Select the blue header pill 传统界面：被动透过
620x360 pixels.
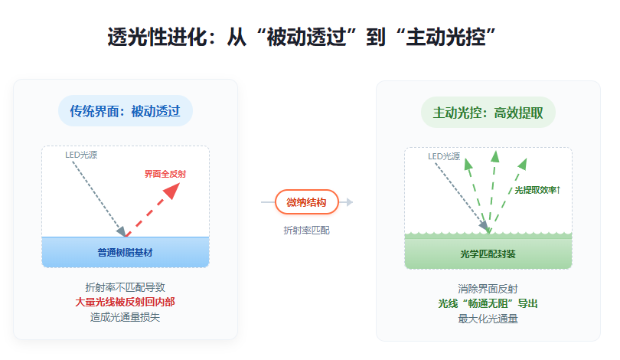tap(126, 112)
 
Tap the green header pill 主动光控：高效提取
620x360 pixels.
tap(488, 112)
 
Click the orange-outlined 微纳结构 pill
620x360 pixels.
tap(306, 202)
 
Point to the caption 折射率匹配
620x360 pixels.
tap(306, 230)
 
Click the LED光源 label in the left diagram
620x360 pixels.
tap(81, 155)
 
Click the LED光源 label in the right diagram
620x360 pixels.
tap(444, 156)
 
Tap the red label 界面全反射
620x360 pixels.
tap(165, 174)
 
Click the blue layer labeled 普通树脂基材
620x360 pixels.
tap(126, 252)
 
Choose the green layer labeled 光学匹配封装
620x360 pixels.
tap(488, 254)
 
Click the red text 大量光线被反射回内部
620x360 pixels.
tap(126, 303)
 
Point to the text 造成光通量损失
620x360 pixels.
tap(126, 317)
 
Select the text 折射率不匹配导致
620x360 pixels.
tap(126, 288)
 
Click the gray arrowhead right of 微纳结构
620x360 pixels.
tap(348, 202)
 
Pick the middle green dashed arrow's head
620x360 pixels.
tap(494, 156)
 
